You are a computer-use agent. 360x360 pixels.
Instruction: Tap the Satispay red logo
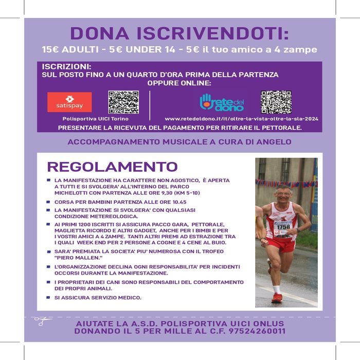[x=69, y=102]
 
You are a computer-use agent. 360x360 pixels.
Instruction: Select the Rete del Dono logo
[x=222, y=102]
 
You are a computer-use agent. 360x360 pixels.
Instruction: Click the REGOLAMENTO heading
[x=112, y=167]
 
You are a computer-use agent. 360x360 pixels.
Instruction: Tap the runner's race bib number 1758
[x=283, y=226]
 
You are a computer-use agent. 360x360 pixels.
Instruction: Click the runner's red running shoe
[x=277, y=298]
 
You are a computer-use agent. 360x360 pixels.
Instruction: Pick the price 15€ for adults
[x=51, y=50]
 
